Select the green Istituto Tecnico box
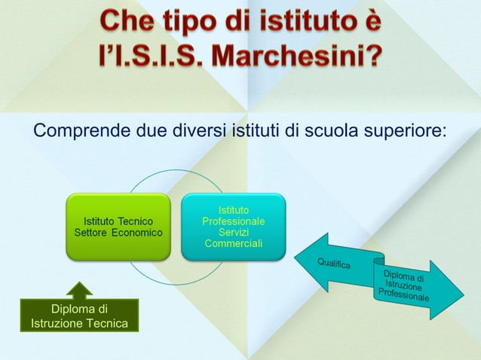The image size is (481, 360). click(x=118, y=227)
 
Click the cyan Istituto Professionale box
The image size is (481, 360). click(x=233, y=227)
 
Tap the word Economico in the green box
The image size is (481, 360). click(x=136, y=233)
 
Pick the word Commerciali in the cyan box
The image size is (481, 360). click(x=233, y=244)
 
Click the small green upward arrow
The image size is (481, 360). click(x=80, y=290)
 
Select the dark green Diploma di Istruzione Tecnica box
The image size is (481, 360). click(x=79, y=316)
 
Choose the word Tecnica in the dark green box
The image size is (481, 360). click(x=106, y=323)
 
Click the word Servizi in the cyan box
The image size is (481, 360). click(x=233, y=233)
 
